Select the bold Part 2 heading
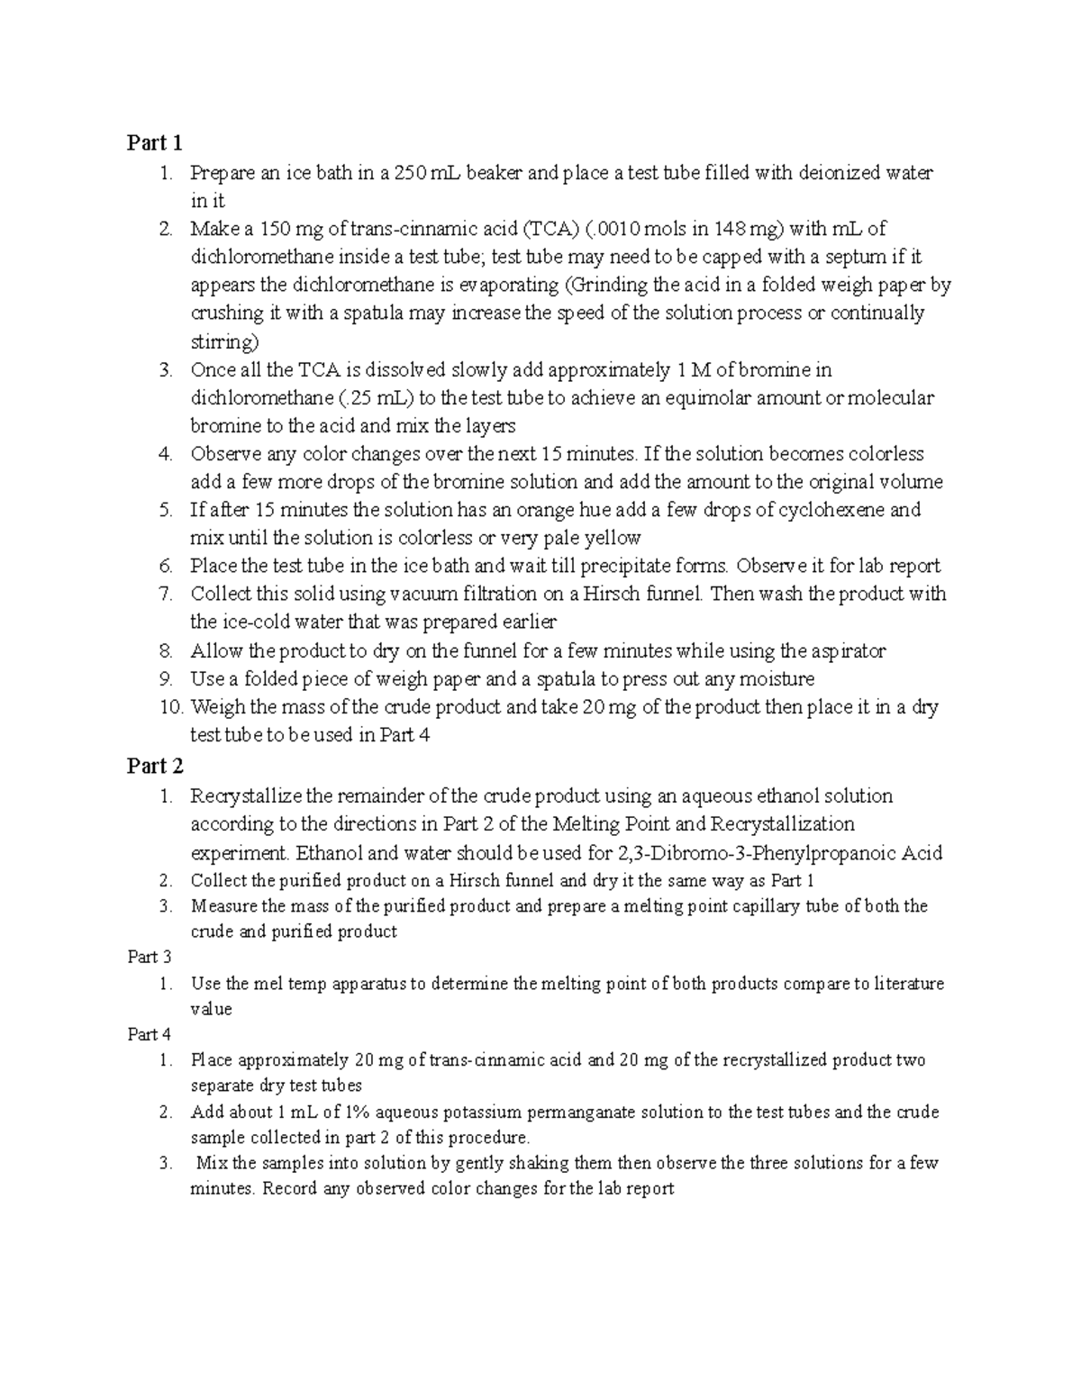coord(154,766)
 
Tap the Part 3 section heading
coord(149,957)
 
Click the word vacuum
coord(426,595)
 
